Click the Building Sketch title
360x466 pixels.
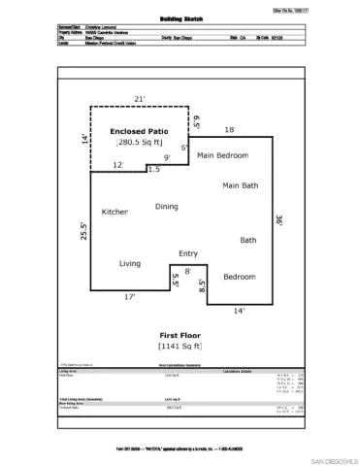180,18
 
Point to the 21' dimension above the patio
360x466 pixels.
139,98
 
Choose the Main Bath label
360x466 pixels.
240,185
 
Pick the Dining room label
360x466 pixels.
167,206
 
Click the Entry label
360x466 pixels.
187,253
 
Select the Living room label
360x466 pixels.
130,263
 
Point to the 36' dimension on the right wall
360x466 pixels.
279,219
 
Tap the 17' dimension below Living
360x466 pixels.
129,298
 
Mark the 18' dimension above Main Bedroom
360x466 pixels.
230,129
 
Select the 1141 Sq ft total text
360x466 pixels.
180,345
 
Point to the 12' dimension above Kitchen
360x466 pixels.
117,165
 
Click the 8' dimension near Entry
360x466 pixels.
187,271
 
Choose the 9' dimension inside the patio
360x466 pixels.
167,157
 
